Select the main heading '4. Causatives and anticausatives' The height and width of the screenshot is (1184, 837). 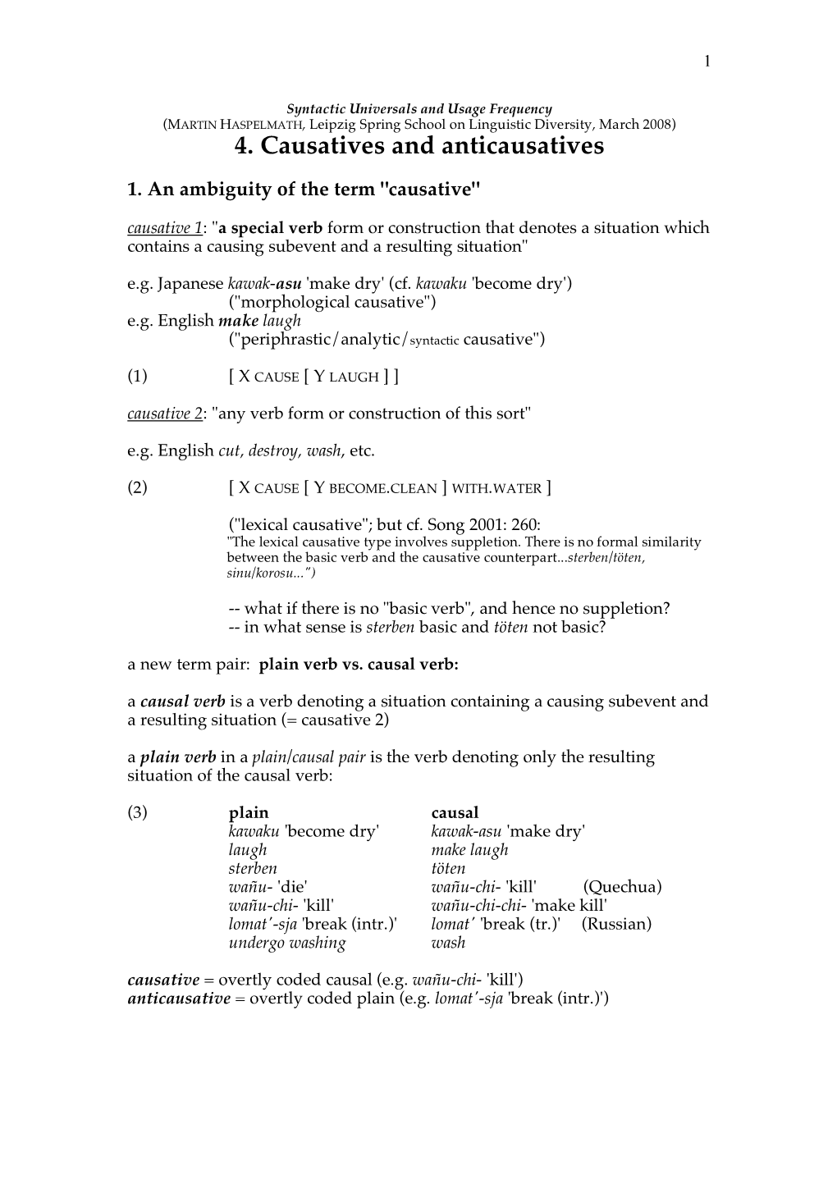coord(418,146)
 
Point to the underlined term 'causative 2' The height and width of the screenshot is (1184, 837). coord(165,414)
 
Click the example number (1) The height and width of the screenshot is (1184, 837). coord(137,377)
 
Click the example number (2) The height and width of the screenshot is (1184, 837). coord(137,487)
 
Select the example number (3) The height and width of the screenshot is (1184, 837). coord(137,812)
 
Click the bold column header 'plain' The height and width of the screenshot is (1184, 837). coord(249,812)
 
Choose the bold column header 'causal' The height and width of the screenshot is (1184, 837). coord(455,812)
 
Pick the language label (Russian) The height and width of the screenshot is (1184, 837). coord(616,924)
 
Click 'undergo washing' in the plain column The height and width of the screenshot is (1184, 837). coord(287,943)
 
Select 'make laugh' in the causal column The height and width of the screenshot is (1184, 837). coord(469,850)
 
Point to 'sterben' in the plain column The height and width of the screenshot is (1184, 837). coord(253,868)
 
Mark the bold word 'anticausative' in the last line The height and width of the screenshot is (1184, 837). coord(179,999)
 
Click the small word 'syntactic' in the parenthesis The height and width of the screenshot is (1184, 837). coord(433,341)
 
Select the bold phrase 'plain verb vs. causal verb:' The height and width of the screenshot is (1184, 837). coord(359,665)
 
